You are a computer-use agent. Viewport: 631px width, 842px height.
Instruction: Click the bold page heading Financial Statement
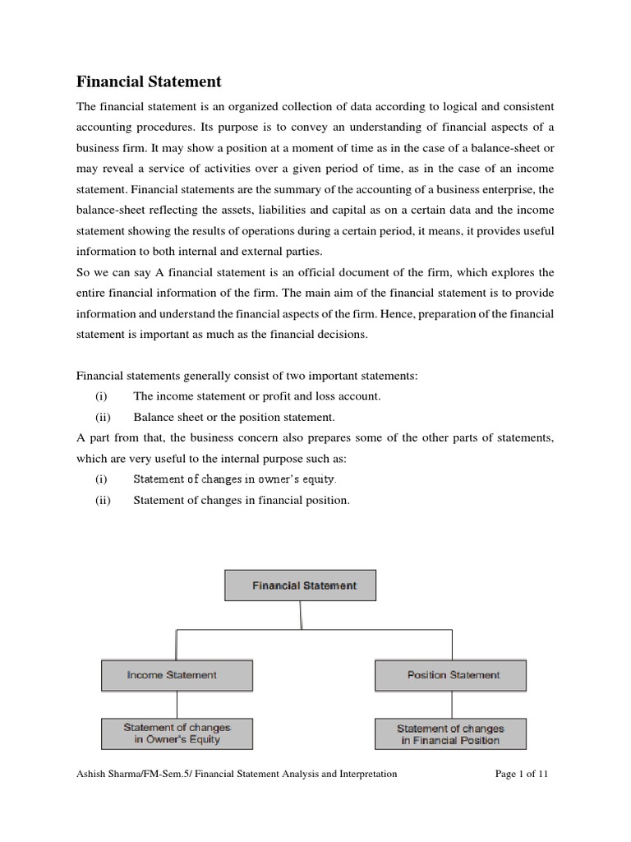(149, 81)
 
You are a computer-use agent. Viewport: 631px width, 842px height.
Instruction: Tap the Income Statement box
(177, 675)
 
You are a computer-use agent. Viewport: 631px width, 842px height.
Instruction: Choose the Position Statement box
(450, 675)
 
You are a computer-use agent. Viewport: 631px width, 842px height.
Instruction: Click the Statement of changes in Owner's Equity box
(177, 733)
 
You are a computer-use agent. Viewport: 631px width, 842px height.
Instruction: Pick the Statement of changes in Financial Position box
(450, 733)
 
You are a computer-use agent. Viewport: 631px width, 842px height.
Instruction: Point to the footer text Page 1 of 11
(522, 774)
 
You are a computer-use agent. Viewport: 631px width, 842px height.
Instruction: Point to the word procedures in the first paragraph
(165, 128)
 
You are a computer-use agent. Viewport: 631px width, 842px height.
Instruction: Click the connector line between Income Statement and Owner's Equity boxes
(177, 704)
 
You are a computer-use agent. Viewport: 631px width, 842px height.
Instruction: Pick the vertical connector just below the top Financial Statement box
(301, 615)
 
